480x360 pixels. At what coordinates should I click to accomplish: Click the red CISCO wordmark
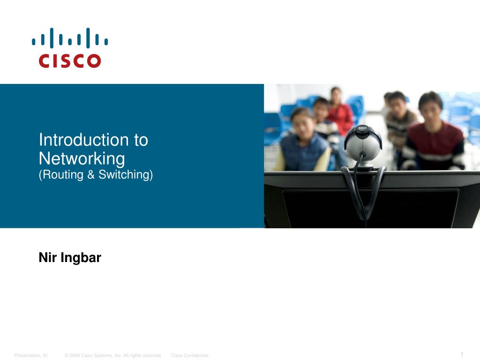[70, 60]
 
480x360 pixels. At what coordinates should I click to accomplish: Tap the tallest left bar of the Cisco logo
[52, 38]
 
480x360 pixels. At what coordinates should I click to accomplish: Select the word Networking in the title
[82, 158]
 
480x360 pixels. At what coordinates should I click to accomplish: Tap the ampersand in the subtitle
[91, 174]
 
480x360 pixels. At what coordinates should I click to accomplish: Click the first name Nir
[48, 257]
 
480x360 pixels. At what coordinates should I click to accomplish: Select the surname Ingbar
[81, 258]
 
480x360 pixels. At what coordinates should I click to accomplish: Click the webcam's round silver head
[363, 143]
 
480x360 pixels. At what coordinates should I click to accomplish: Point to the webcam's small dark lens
[362, 154]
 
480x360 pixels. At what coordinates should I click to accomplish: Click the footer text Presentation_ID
[31, 355]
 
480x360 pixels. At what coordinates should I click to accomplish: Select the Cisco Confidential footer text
[189, 355]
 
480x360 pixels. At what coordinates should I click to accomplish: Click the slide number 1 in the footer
[462, 354]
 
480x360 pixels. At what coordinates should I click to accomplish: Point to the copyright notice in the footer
[112, 355]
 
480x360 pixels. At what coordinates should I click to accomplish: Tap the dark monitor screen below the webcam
[370, 208]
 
